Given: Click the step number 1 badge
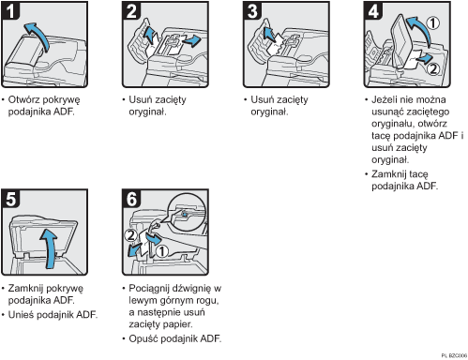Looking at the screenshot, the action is click(x=10, y=10).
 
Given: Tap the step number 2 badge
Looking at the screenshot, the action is click(x=131, y=10).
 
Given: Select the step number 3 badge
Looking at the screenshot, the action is click(x=252, y=10).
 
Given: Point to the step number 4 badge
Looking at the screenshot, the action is click(x=373, y=10).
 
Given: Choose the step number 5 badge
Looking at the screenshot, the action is click(x=10, y=199).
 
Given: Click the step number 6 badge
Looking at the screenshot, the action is click(x=131, y=199).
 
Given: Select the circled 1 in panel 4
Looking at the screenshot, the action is click(x=433, y=22).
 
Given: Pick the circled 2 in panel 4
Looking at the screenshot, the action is click(x=433, y=68).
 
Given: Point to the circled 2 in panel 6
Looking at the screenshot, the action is click(x=130, y=235).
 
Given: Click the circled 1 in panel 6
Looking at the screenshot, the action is click(x=162, y=251).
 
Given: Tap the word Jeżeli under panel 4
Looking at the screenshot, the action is click(x=385, y=99).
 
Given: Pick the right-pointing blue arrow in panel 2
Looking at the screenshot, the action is click(x=191, y=40).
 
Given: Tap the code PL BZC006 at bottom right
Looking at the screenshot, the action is click(x=454, y=355).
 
